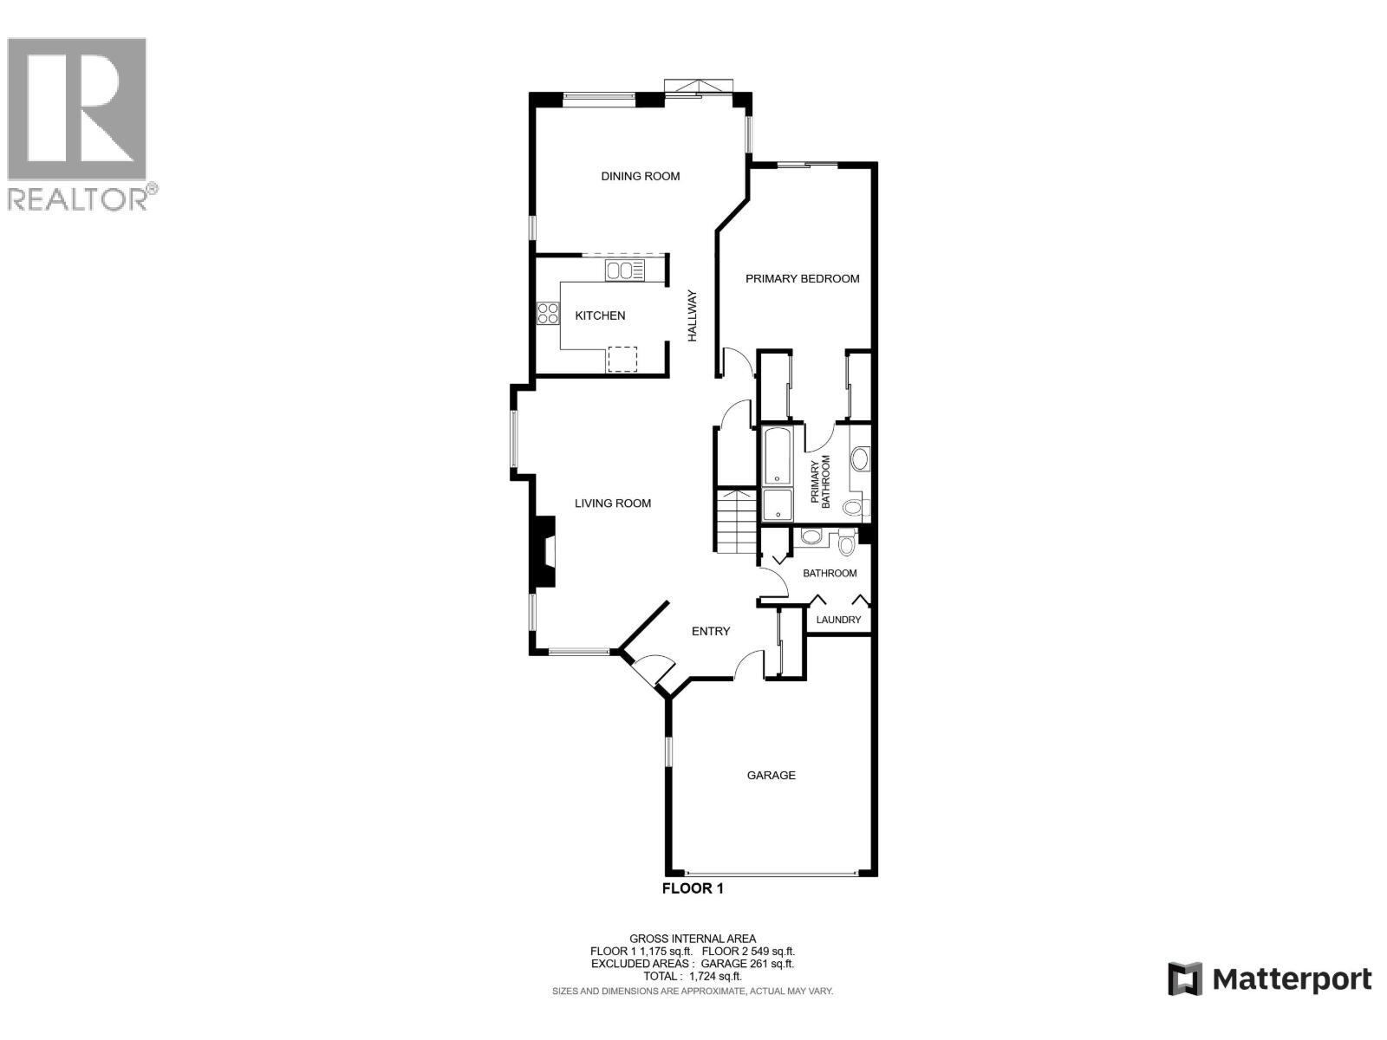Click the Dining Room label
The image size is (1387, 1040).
click(x=641, y=176)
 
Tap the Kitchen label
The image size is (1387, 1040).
click(x=600, y=315)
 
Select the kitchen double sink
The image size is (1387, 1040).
click(x=624, y=271)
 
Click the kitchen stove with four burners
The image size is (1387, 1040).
click(x=547, y=313)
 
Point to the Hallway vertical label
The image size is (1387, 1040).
click(x=693, y=315)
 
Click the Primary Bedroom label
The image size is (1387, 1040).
click(x=803, y=278)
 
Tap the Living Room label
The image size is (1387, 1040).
click(x=613, y=503)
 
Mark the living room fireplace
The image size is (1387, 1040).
click(x=544, y=552)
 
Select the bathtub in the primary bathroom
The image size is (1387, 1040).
click(x=776, y=454)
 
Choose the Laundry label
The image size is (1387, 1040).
click(x=838, y=620)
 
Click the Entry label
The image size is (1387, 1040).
click(x=711, y=631)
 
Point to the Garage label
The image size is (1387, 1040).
click(x=772, y=775)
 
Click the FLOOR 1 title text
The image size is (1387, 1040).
click(x=693, y=888)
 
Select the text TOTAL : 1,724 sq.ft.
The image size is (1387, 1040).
click(x=693, y=976)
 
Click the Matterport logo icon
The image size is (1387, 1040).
click(x=1185, y=979)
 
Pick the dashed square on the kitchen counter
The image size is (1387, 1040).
click(x=622, y=359)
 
